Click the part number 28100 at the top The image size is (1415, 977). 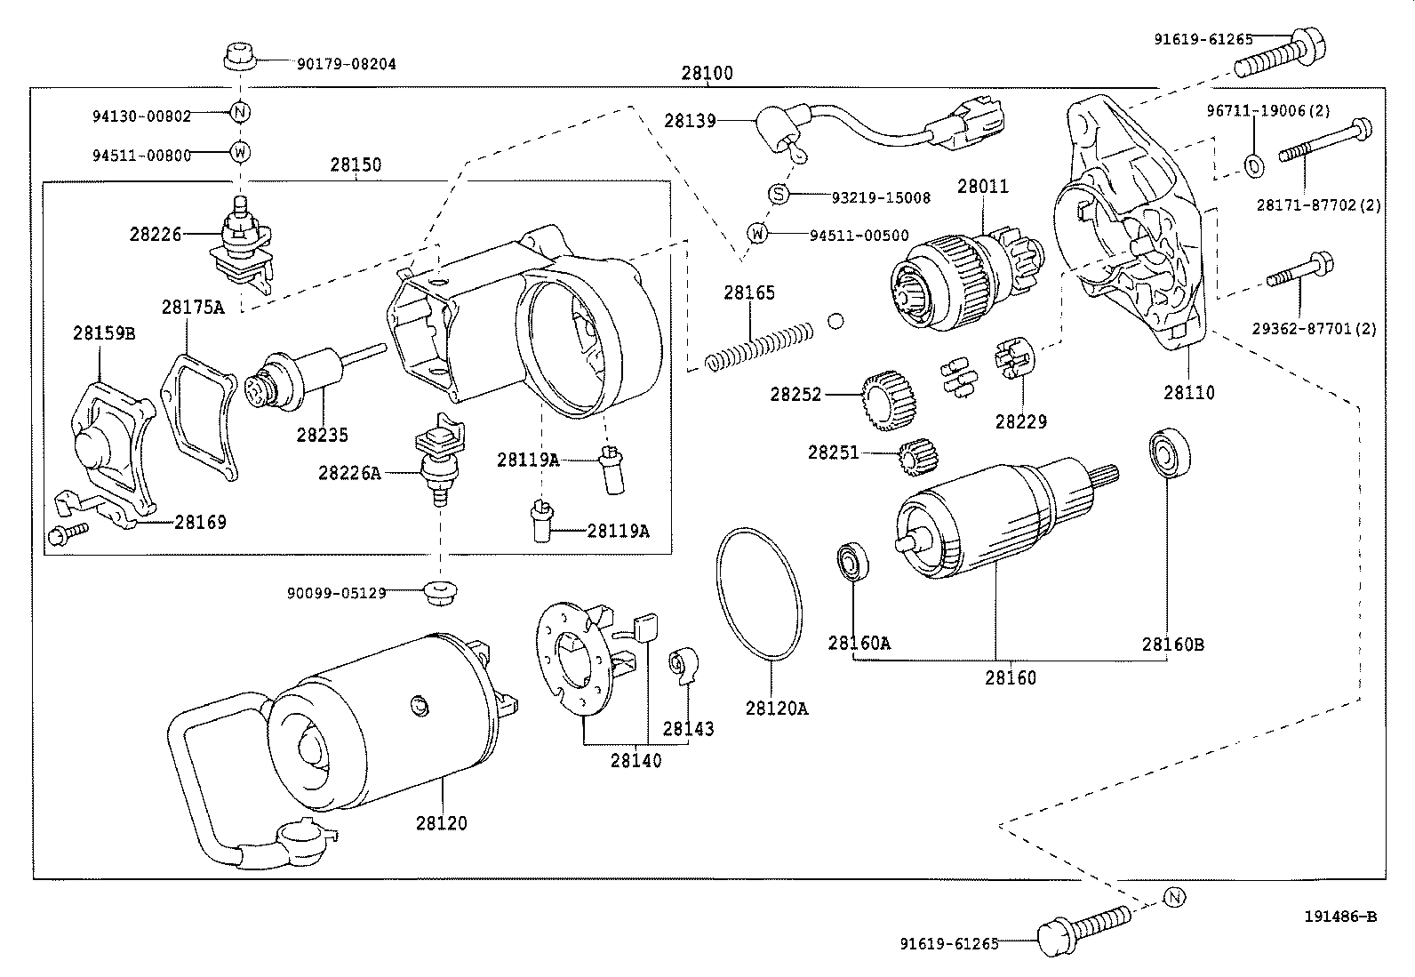707,73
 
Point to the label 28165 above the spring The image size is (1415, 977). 748,292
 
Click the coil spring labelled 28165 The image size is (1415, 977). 761,347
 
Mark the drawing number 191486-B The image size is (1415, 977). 1339,917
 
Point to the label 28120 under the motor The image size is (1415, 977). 441,823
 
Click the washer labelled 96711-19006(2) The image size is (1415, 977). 1253,164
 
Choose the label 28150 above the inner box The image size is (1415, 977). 356,164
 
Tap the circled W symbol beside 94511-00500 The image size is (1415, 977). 756,234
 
